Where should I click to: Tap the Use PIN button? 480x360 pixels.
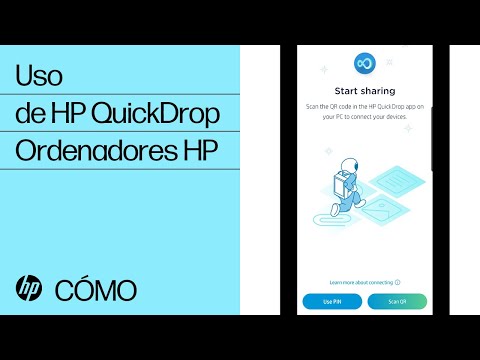pyautogui.click(x=332, y=300)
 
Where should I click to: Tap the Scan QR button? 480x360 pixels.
pyautogui.click(x=396, y=300)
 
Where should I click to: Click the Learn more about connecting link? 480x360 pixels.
pyautogui.click(x=359, y=283)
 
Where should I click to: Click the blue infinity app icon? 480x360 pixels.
pyautogui.click(x=364, y=63)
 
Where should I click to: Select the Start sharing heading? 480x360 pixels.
pyautogui.click(x=364, y=89)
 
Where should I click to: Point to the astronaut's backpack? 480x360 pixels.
pyautogui.click(x=336, y=186)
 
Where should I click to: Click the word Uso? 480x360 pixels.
pyautogui.click(x=38, y=76)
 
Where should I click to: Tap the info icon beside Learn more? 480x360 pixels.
pyautogui.click(x=398, y=283)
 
